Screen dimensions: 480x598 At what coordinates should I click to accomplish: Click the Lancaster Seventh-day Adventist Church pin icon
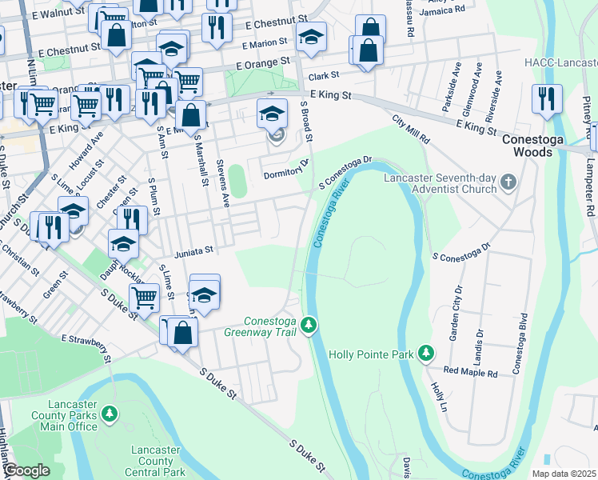click(x=508, y=184)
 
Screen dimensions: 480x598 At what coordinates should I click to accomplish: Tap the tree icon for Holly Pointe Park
click(x=427, y=353)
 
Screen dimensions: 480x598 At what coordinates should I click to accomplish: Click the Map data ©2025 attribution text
click(x=564, y=474)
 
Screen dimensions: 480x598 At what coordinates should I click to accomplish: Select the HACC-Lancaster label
click(x=560, y=62)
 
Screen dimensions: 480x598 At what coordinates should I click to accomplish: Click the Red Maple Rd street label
click(x=471, y=372)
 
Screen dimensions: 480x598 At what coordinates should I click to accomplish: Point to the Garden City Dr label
click(x=456, y=313)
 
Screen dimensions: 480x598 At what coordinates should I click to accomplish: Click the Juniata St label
click(x=192, y=250)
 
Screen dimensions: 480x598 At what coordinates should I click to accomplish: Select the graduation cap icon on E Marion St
click(x=311, y=36)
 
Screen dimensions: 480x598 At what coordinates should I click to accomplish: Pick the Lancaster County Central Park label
click(x=157, y=461)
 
